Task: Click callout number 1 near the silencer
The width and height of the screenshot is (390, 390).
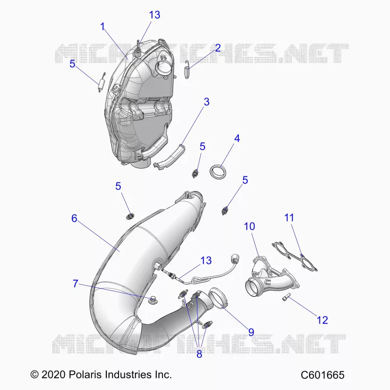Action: [x=102, y=27]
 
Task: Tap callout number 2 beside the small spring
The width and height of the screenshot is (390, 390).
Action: [x=218, y=48]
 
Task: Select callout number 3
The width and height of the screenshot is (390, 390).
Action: [x=206, y=102]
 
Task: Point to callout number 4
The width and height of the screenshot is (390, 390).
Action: [x=237, y=138]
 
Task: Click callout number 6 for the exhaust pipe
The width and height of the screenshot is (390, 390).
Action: [x=75, y=218]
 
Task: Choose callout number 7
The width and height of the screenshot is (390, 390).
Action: [x=76, y=284]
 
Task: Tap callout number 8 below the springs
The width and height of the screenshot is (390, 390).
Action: [x=199, y=354]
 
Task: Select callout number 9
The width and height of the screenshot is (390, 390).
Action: [x=251, y=332]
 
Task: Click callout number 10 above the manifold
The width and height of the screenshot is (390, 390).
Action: [x=250, y=226]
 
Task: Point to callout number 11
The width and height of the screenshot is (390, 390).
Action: [x=289, y=217]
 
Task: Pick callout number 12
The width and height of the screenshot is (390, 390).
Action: [x=322, y=320]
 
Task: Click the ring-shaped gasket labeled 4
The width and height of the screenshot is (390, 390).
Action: [x=218, y=173]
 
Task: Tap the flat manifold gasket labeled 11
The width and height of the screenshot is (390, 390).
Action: [x=295, y=256]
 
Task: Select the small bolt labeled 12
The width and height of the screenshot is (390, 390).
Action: [x=287, y=297]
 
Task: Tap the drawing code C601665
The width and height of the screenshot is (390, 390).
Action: [x=323, y=375]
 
